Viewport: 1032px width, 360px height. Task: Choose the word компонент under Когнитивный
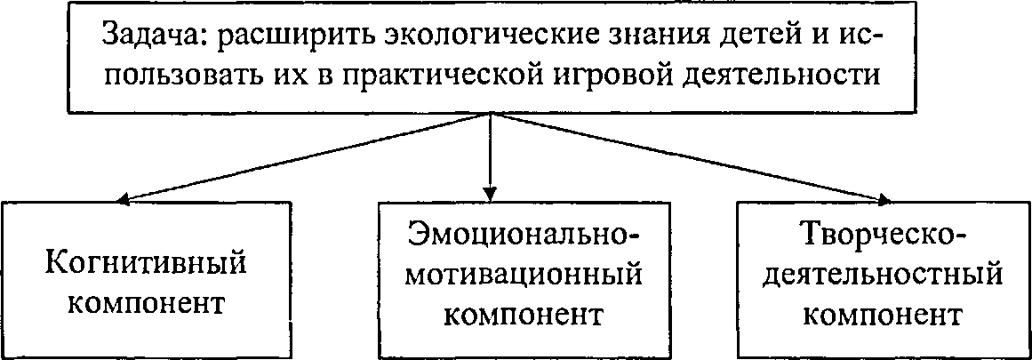(x=145, y=305)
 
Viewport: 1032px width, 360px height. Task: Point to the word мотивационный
(x=524, y=274)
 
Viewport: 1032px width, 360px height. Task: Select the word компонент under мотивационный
(x=524, y=315)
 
